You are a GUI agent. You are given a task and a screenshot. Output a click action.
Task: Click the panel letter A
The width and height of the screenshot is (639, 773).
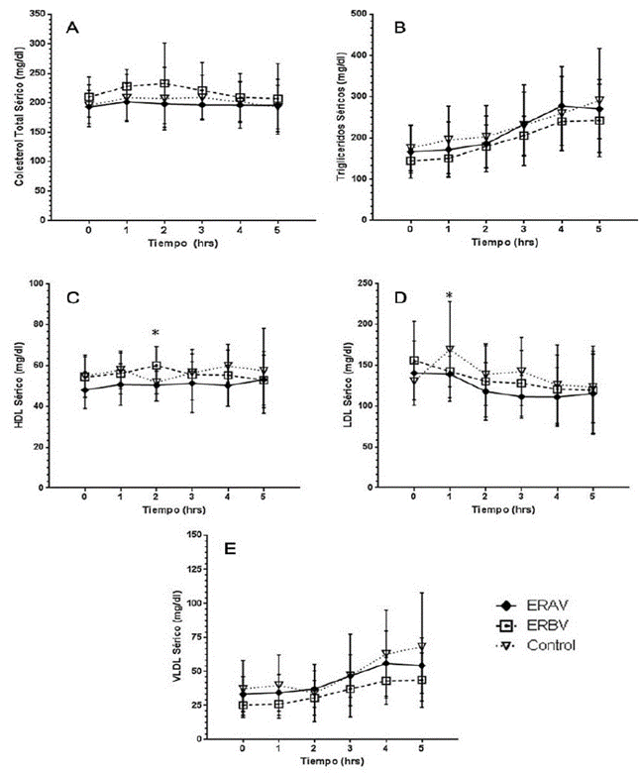tap(72, 28)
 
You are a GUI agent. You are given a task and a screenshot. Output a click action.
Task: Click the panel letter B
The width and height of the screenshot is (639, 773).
tap(399, 28)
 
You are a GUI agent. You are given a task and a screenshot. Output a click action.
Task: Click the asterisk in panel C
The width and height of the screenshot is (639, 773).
tap(156, 334)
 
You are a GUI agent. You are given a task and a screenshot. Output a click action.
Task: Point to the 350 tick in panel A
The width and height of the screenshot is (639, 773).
tap(38, 15)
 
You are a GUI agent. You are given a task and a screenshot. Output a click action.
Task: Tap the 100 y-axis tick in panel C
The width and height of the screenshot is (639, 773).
tap(41, 283)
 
